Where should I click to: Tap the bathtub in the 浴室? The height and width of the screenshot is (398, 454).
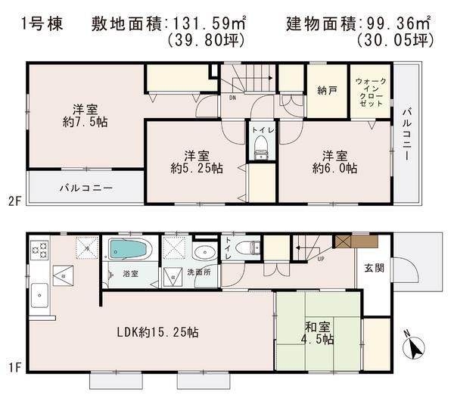pyautogui.click(x=131, y=249)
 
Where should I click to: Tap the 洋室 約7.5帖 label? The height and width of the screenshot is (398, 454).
pyautogui.click(x=85, y=114)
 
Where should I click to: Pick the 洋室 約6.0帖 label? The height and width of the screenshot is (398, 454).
pyautogui.click(x=330, y=162)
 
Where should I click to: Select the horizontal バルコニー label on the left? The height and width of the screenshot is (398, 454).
pyautogui.click(x=85, y=187)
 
